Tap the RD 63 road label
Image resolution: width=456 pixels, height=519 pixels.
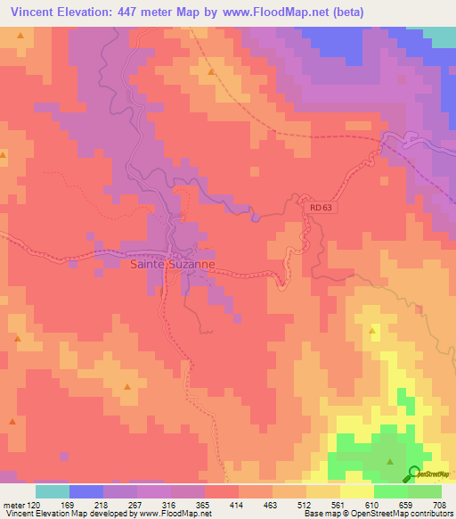pyautogui.click(x=322, y=207)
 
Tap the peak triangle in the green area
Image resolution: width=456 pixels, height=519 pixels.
pyautogui.click(x=390, y=461)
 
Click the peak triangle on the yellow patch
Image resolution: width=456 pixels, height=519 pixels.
pyautogui.click(x=372, y=331)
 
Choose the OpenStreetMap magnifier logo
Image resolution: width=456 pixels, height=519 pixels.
pyautogui.click(x=414, y=474)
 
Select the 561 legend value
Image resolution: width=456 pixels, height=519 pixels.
pyautogui.click(x=339, y=504)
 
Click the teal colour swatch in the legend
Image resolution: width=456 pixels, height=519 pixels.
pyautogui.click(x=53, y=491)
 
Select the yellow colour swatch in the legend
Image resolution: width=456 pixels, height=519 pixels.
pyautogui.click(x=357, y=491)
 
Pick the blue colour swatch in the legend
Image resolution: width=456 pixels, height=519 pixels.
pyautogui.click(x=86, y=491)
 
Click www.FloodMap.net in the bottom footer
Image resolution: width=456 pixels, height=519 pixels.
pyautogui.click(x=175, y=514)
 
